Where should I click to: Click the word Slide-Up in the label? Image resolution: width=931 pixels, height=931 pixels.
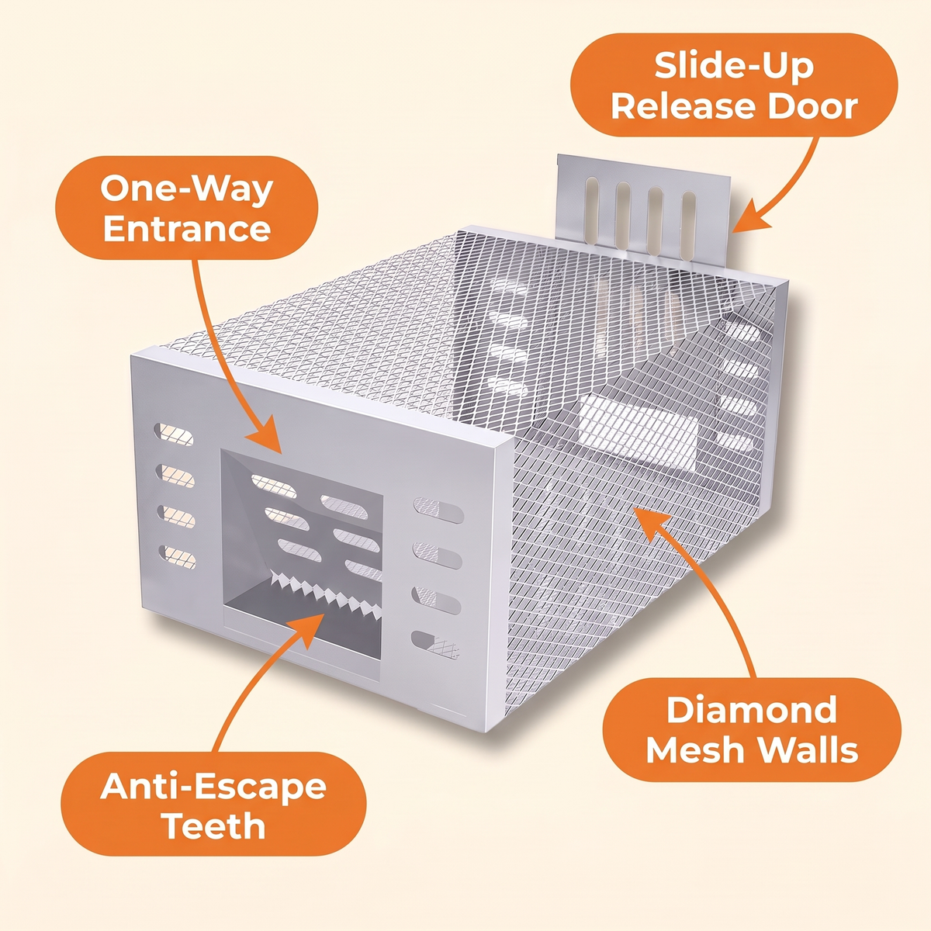point(734,67)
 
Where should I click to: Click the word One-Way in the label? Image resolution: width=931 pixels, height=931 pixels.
point(186,190)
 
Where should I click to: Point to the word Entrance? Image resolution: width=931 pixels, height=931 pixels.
point(186,229)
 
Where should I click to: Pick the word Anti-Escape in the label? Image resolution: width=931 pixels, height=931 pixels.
point(213,787)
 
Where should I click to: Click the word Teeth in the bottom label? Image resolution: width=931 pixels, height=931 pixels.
point(214,825)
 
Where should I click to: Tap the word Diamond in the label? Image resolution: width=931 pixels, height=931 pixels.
point(751,710)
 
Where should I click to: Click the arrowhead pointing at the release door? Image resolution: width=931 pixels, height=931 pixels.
point(751,217)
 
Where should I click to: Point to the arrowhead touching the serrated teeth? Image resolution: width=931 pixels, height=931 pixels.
point(308,629)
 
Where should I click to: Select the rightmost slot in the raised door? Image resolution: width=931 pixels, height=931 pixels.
point(688,225)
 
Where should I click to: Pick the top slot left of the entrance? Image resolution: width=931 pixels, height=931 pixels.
point(174,434)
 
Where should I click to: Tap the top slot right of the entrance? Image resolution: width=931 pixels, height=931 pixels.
point(438,510)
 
